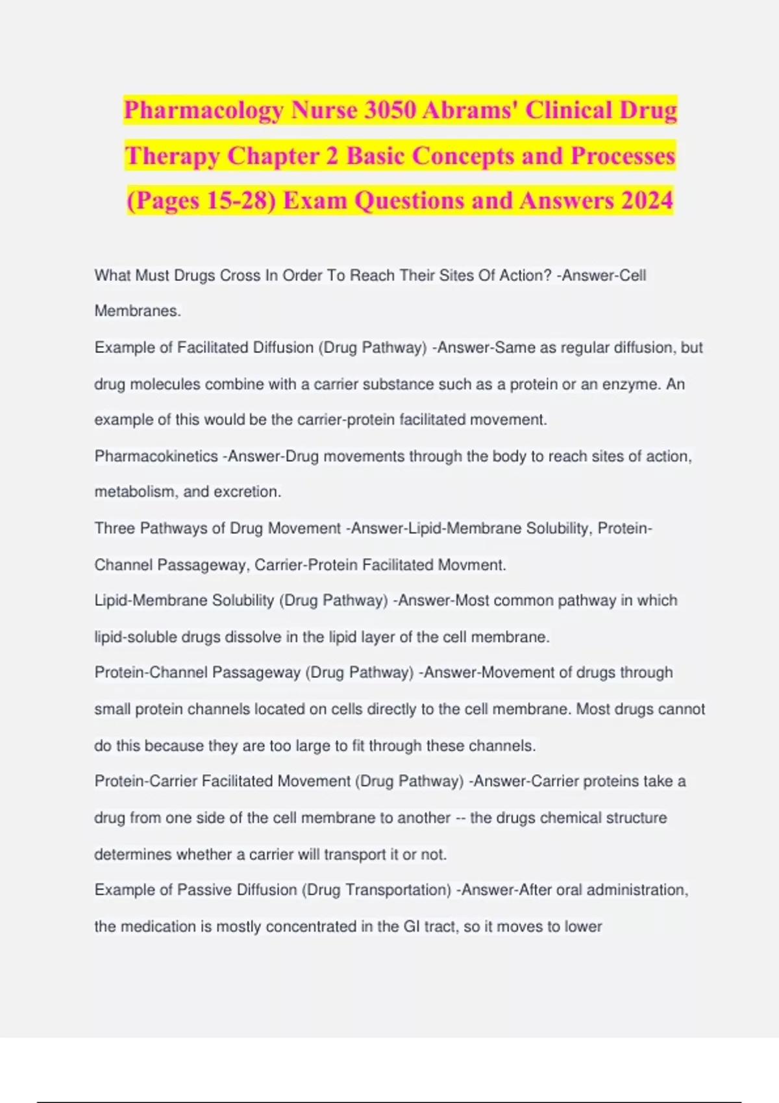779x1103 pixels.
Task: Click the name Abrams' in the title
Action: (470, 111)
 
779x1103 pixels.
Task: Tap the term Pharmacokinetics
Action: (156, 456)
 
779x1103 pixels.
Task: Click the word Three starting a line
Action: (115, 528)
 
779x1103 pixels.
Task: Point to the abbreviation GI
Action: (412, 926)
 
